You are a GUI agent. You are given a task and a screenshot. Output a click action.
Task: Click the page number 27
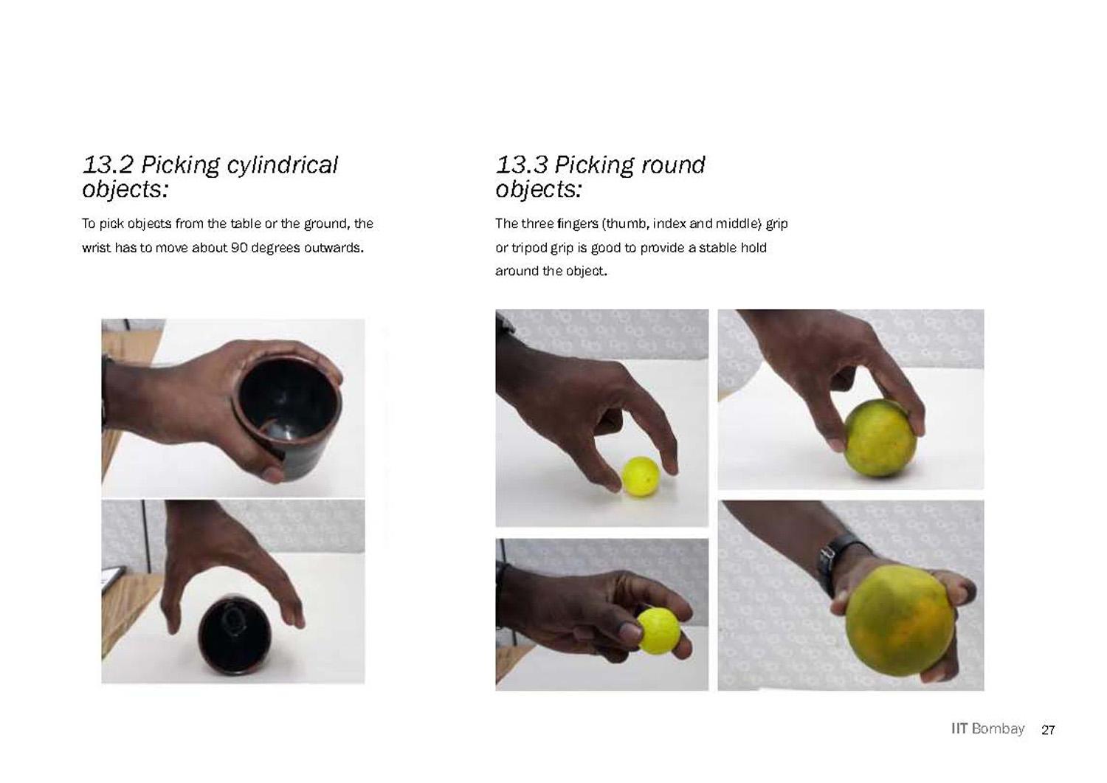pos(1048,730)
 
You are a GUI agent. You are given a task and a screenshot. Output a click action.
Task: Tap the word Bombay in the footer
pos(998,729)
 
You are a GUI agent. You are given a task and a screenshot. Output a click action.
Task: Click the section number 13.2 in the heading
pos(108,165)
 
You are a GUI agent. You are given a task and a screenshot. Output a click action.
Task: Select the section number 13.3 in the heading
pos(522,165)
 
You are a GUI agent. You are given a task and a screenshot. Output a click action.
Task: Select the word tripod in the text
pos(528,248)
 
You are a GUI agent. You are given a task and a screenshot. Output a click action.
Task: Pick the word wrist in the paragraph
pos(97,248)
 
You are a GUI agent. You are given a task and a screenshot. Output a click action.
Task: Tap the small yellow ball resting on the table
pos(641,477)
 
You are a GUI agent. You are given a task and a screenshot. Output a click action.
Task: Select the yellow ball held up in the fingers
pos(659,631)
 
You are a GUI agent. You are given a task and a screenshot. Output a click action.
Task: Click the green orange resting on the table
pos(879,438)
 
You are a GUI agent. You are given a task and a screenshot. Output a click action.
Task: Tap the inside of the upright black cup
pos(289,396)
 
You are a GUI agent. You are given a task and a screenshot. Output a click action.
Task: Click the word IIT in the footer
pos(959,729)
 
